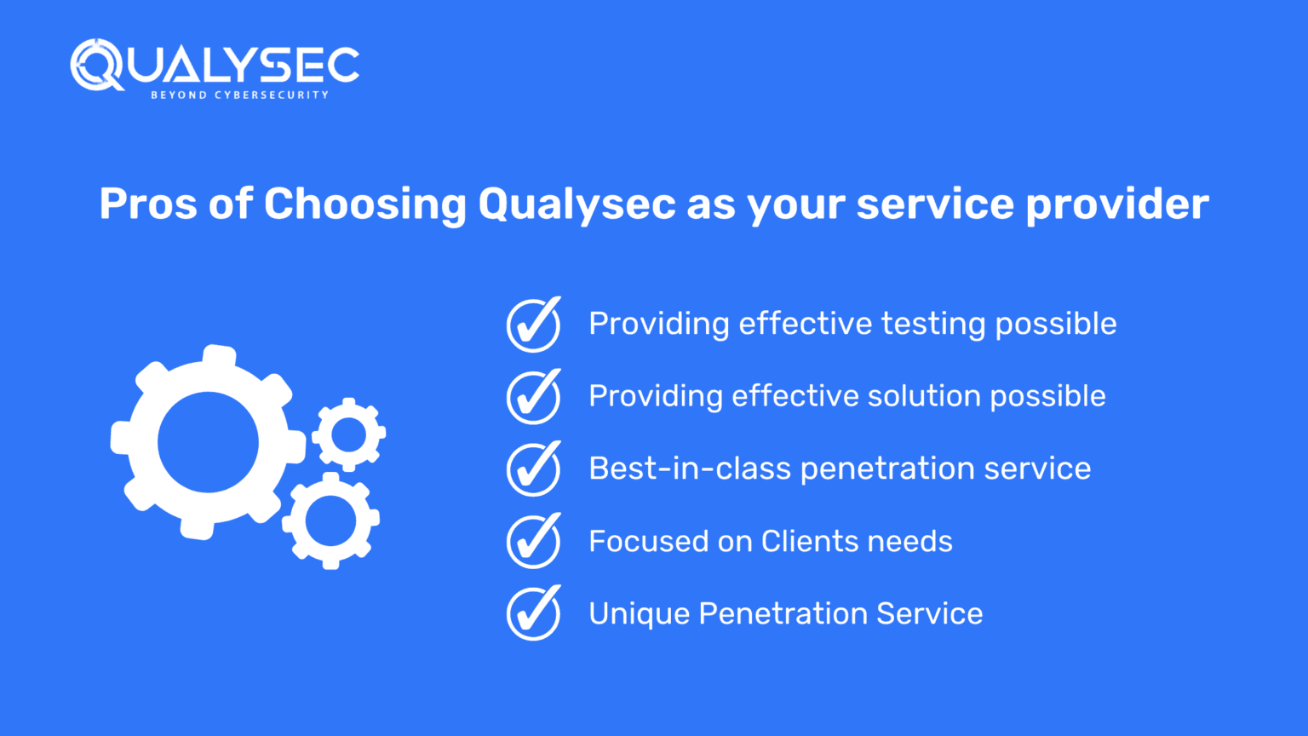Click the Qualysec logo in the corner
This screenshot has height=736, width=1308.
coord(214,65)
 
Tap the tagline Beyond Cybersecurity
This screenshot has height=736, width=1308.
coord(239,95)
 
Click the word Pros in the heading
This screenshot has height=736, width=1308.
coord(146,204)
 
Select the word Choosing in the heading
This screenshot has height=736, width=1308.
coord(364,204)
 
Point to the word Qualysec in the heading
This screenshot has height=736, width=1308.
coord(577,204)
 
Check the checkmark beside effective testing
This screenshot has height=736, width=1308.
coord(534,325)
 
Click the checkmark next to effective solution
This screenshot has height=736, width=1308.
coord(534,397)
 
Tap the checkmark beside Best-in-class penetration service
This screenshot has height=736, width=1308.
coord(534,469)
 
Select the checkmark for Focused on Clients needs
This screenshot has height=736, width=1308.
coord(534,541)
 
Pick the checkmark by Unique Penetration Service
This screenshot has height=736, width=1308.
coord(534,613)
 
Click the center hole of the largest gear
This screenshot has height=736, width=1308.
coord(208,442)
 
